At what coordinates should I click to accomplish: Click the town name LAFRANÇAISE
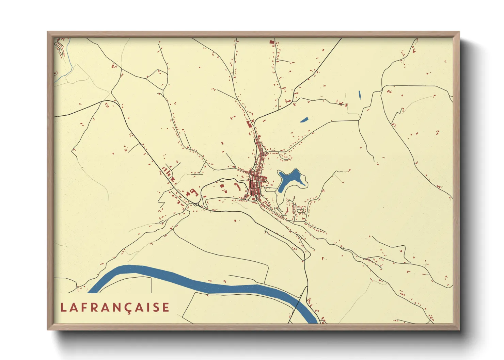115,308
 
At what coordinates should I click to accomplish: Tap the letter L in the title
63,308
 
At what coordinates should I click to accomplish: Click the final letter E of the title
166,308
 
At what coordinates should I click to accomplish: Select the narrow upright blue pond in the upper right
360,95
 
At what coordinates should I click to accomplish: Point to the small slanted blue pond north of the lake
304,119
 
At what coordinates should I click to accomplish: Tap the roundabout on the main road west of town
197,204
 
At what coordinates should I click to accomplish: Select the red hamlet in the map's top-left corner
60,46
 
